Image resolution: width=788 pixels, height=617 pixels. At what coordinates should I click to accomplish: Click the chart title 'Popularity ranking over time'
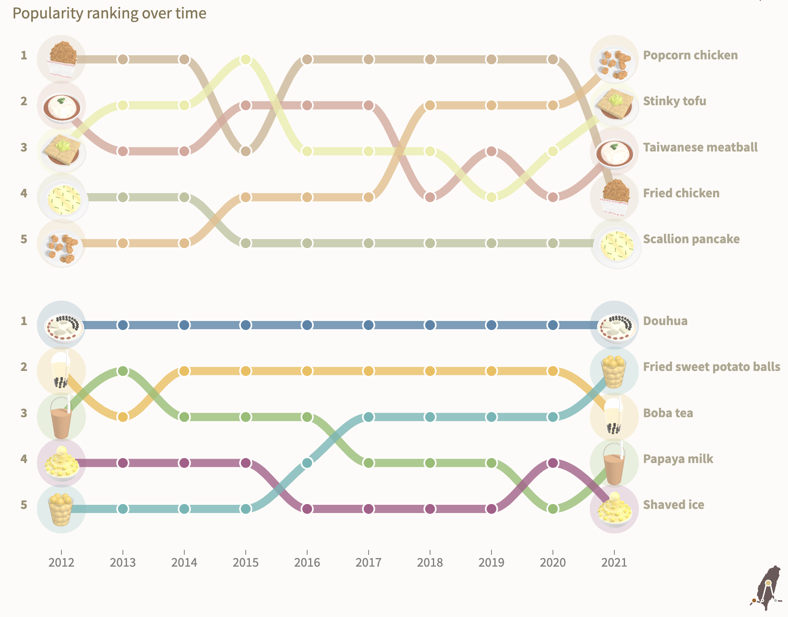click(x=109, y=13)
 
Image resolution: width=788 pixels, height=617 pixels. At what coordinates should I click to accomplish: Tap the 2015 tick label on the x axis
click(x=245, y=563)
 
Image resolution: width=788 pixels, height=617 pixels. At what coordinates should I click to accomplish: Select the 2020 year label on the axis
click(x=553, y=563)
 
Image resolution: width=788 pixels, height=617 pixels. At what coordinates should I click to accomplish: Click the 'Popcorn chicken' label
click(x=690, y=55)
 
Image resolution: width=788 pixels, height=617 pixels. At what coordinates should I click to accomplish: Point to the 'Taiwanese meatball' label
click(x=700, y=147)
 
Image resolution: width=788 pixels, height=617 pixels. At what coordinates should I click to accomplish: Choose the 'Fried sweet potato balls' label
click(x=711, y=367)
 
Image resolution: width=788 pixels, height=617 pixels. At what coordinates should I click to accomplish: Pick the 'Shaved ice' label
click(x=673, y=505)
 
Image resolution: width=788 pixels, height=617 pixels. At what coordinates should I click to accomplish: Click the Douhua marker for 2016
click(x=307, y=325)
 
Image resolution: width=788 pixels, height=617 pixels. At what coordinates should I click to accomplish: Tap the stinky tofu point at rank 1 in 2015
click(x=245, y=59)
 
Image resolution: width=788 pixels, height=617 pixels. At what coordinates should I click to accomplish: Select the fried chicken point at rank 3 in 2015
click(x=245, y=151)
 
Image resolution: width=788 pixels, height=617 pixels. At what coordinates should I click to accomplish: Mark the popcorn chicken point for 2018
click(x=430, y=105)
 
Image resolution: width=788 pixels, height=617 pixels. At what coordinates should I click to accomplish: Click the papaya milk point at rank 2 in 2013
click(x=123, y=371)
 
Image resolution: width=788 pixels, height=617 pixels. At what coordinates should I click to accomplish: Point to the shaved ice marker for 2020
click(x=553, y=463)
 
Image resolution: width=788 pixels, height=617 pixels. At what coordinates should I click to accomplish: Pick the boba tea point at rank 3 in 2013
click(x=123, y=417)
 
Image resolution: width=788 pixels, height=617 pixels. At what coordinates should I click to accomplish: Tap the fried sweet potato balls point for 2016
click(x=307, y=463)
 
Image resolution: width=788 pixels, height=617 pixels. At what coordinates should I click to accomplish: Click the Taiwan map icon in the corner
click(x=766, y=588)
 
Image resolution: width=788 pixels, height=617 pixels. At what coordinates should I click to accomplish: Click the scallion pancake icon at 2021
click(x=616, y=245)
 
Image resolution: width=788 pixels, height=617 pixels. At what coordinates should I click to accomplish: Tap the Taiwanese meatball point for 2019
click(x=491, y=151)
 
